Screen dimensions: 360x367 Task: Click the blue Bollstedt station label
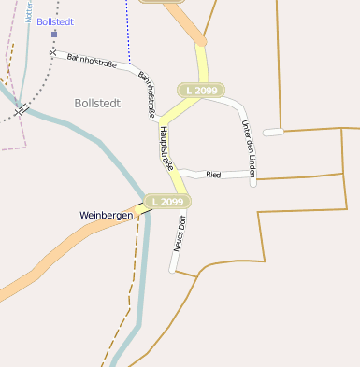click(55, 21)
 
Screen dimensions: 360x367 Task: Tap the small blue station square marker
click(54, 34)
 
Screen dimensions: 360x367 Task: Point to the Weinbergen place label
click(106, 215)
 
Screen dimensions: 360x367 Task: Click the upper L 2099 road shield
click(202, 90)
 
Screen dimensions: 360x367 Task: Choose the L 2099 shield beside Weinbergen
click(166, 201)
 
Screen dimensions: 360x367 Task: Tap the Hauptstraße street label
click(168, 148)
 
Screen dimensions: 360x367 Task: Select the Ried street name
click(213, 175)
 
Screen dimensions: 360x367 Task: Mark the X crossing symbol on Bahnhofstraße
click(52, 52)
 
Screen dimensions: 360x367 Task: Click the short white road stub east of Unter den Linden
click(273, 132)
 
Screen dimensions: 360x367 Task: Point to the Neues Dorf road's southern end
click(172, 270)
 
